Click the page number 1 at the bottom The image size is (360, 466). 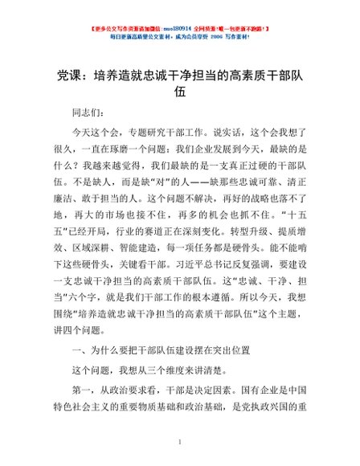[180, 441]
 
